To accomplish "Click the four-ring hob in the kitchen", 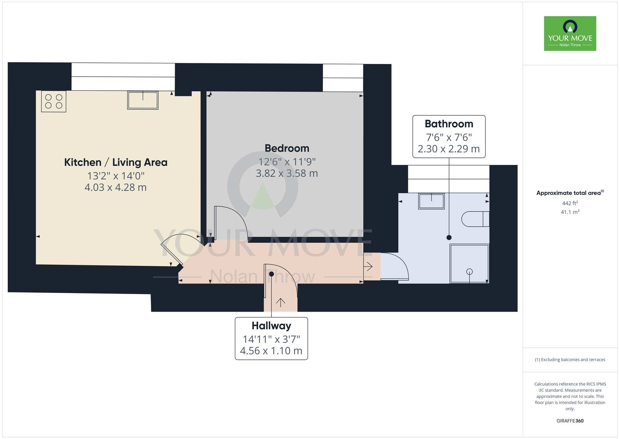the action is point(54,101).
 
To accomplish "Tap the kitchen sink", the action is point(143,100).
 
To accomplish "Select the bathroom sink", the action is point(431,201).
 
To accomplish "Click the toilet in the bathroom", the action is point(475,219).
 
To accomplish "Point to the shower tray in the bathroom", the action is point(469,264).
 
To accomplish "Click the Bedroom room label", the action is point(287,148).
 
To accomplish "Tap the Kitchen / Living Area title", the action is point(116,162).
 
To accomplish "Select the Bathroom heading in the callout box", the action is point(449,124).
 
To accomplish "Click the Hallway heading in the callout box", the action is point(271,326).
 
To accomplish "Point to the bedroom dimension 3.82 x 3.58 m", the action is point(287,173).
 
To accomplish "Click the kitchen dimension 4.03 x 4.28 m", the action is point(116,188).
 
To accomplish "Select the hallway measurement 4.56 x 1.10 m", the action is point(271,351).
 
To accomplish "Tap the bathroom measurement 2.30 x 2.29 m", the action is point(449,149).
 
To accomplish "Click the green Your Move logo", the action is point(570,34).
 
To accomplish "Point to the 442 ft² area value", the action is point(570,203).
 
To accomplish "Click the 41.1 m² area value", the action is point(570,212).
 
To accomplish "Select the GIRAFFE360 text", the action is point(570,421).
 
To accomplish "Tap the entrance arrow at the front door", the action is point(281,303).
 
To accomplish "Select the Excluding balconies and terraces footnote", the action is point(570,360).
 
